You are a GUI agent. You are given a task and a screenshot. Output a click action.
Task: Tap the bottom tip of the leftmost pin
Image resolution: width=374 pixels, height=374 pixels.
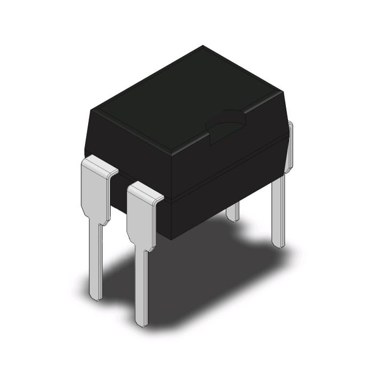click(94, 295)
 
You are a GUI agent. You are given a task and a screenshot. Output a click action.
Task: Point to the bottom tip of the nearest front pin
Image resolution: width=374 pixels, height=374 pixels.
click(142, 322)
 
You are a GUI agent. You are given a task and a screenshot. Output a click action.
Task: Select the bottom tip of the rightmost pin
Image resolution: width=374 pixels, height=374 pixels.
click(278, 243)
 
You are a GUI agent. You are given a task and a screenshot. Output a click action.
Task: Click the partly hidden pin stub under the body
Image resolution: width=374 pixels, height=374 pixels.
click(232, 213)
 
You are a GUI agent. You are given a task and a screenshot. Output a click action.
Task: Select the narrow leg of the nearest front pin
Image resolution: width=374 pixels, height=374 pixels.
click(142, 283)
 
